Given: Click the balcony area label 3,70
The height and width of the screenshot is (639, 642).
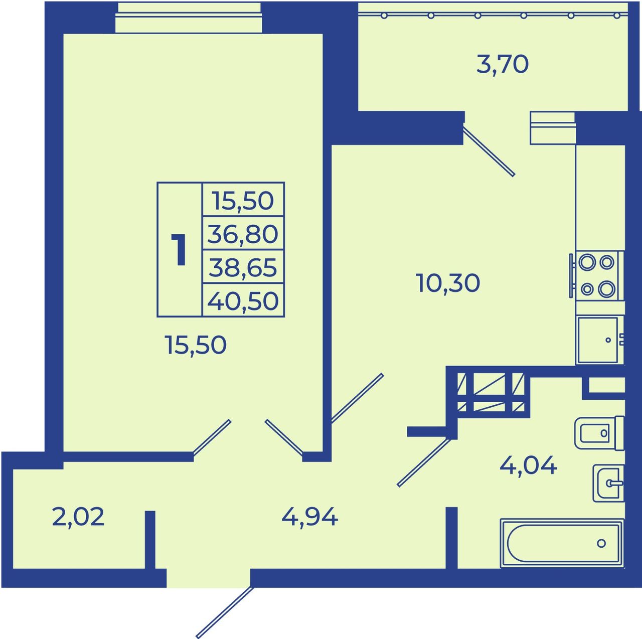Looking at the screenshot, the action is (x=502, y=65).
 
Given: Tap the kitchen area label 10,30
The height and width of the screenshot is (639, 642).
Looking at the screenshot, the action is (x=448, y=283).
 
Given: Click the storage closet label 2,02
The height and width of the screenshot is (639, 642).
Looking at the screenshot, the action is (x=78, y=517).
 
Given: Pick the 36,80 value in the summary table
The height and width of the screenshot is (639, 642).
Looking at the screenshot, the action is (x=243, y=234).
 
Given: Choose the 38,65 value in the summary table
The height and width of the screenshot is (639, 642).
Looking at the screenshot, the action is (x=243, y=267).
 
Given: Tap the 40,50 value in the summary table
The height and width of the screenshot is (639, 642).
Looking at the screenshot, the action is (x=243, y=300).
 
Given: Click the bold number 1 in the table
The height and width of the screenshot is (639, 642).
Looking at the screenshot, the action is (x=179, y=249).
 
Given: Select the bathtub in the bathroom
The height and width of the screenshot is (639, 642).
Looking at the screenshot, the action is (x=562, y=543).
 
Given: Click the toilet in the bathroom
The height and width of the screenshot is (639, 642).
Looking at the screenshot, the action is (x=599, y=433).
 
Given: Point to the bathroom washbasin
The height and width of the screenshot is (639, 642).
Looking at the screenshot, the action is (x=608, y=483).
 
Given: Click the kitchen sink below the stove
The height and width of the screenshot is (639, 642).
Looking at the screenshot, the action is (x=598, y=340).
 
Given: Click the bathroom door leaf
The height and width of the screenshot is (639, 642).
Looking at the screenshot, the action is (x=425, y=462).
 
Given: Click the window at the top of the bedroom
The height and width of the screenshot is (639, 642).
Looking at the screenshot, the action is (x=189, y=19).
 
